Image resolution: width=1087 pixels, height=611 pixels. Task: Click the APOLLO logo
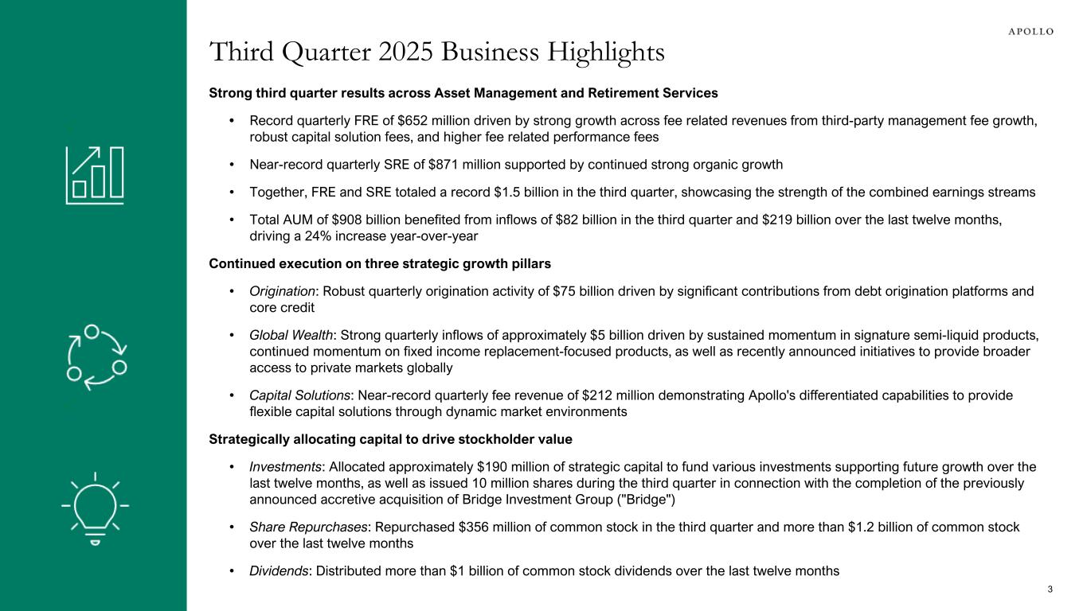coord(1031,31)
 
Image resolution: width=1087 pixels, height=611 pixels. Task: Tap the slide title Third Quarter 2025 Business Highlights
coord(436,52)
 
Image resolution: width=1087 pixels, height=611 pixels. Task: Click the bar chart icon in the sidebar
coord(94,174)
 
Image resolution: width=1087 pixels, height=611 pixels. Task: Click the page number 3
coord(1050,589)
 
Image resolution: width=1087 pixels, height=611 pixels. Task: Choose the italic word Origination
coord(283,291)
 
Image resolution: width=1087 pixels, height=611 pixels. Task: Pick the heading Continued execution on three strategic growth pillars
coord(380,263)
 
